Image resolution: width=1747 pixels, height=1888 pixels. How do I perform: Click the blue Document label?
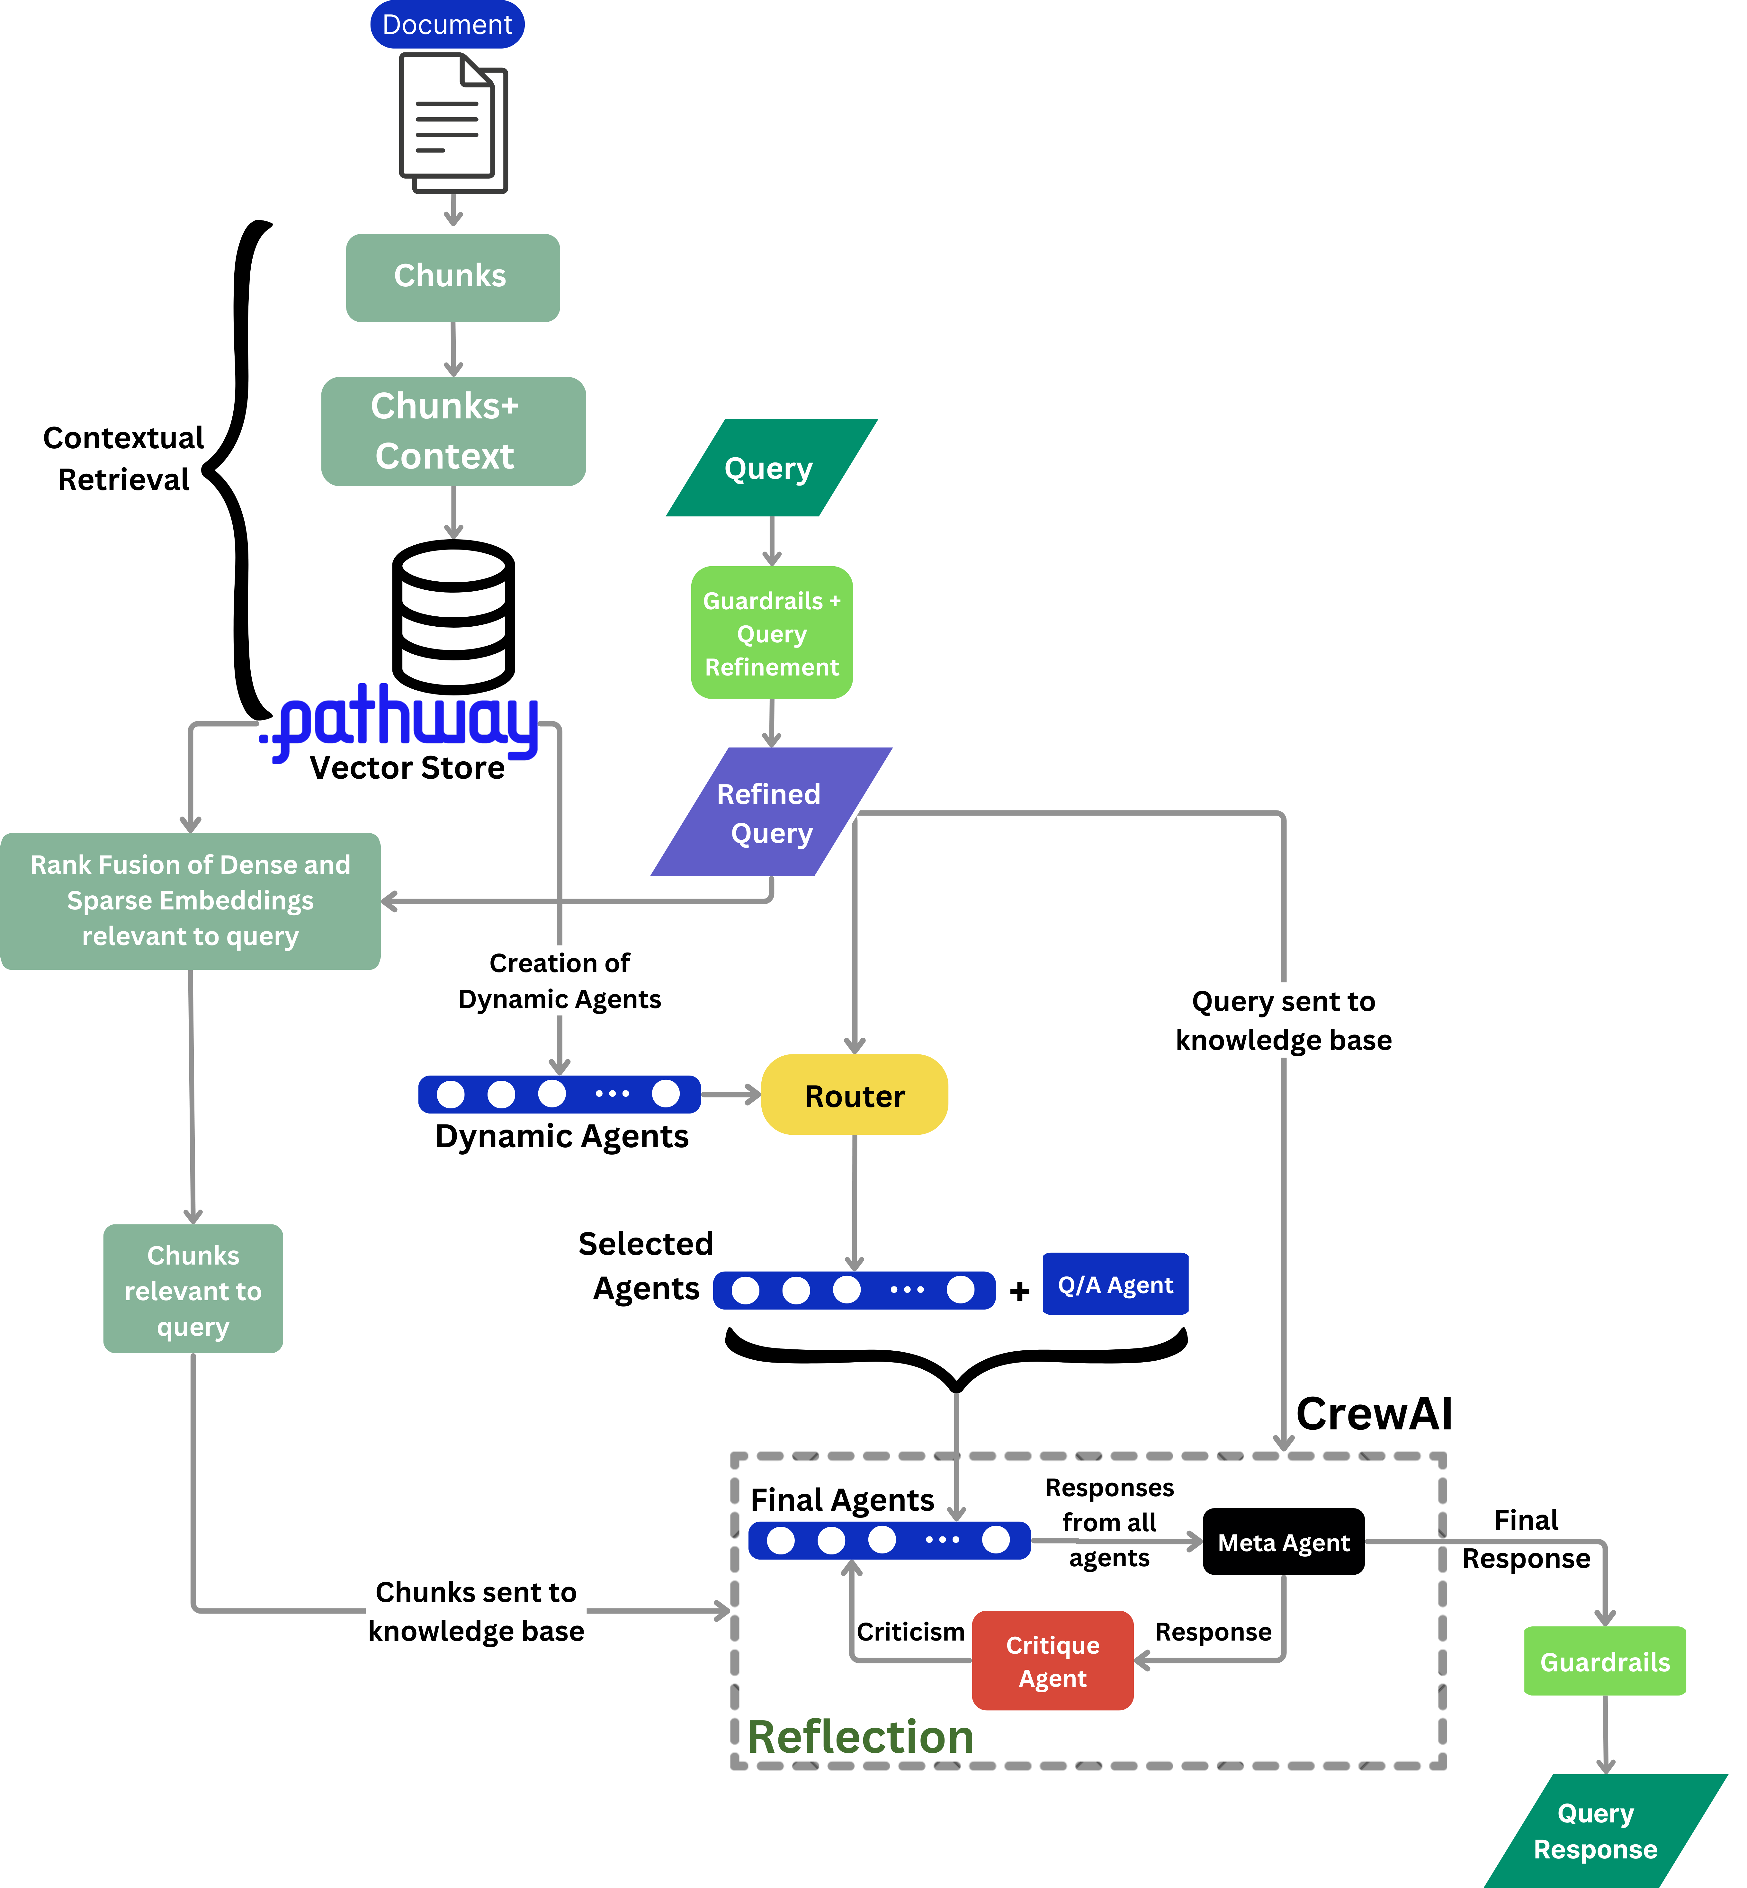(x=447, y=24)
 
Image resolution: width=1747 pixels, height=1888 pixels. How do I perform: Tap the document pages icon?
(x=453, y=123)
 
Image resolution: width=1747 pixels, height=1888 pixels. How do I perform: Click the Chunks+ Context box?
(x=453, y=431)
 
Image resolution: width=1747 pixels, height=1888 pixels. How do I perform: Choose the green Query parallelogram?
(x=770, y=468)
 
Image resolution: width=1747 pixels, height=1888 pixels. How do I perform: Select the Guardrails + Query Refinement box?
(x=771, y=633)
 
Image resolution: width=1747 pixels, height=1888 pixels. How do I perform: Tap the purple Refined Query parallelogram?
(x=770, y=813)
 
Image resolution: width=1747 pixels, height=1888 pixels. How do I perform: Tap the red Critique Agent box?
(x=1052, y=1661)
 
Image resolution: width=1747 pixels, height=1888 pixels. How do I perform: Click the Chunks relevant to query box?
(x=193, y=1290)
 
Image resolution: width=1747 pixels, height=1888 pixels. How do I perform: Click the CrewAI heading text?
(x=1374, y=1414)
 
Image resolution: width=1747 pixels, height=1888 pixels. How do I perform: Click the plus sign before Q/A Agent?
(x=1019, y=1292)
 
